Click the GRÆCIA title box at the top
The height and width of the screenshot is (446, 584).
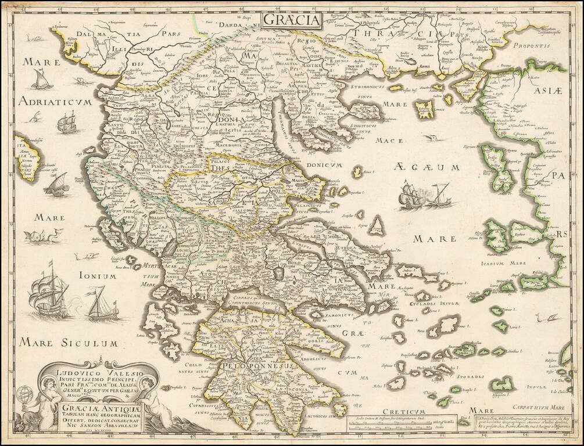click(292, 20)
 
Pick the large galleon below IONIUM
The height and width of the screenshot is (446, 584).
click(49, 296)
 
